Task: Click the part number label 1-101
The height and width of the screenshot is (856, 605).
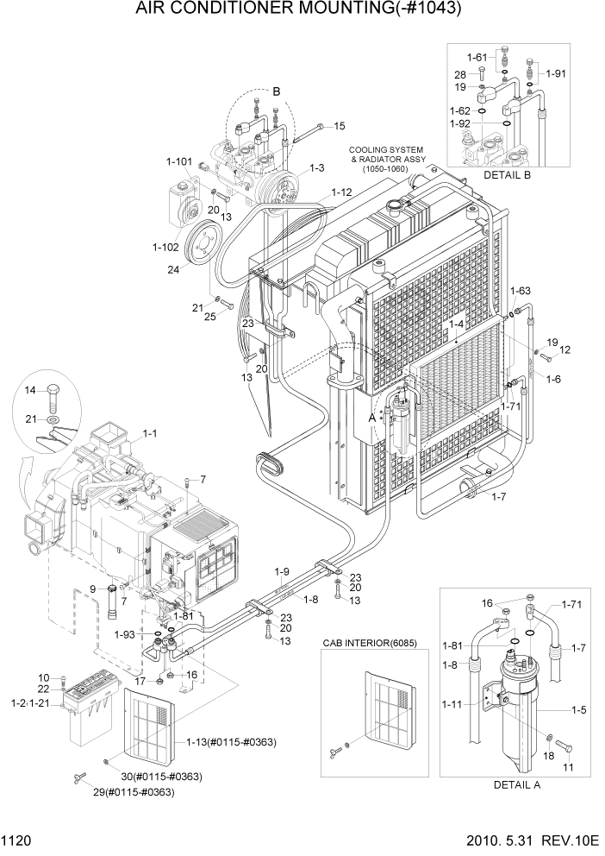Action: point(178,161)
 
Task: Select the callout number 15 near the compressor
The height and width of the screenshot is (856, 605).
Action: point(339,126)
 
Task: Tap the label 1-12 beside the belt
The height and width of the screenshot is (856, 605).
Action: point(341,192)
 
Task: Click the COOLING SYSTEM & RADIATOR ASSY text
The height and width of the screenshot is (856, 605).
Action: point(386,159)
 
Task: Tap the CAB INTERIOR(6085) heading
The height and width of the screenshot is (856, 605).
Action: point(368,643)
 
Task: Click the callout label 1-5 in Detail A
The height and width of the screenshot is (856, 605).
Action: point(578,710)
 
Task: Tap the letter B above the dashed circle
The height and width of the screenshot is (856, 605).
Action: point(277,91)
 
